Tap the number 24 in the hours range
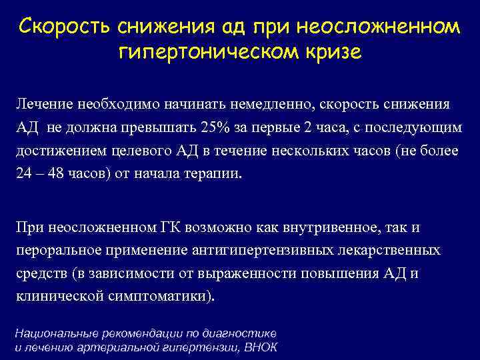pyautogui.click(x=23, y=173)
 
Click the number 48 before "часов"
pyautogui.click(x=59, y=173)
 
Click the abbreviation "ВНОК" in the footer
pyautogui.click(x=260, y=347)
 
